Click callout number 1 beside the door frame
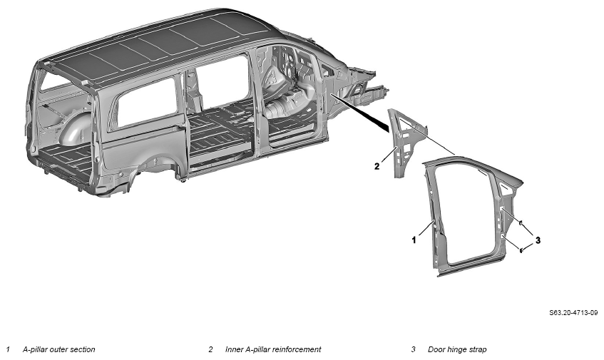point(414,240)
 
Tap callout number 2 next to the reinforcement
point(377,166)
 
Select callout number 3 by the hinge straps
point(538,240)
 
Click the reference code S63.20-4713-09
point(573,313)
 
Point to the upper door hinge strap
point(520,222)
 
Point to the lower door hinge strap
point(521,250)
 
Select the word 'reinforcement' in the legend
point(297,349)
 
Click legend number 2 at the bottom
point(210,349)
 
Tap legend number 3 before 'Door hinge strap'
point(414,349)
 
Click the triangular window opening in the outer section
point(507,187)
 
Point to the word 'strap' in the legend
point(478,349)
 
